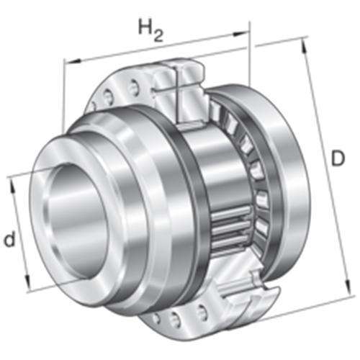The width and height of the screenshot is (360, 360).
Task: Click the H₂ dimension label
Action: [151, 31]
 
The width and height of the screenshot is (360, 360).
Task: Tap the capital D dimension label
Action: [338, 158]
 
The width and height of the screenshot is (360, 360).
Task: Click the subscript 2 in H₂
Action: [158, 37]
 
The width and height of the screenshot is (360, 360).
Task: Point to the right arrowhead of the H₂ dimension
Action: [240, 34]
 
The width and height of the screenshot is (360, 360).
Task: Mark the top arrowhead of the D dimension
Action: [304, 46]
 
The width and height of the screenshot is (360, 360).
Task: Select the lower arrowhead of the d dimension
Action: [27, 282]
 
